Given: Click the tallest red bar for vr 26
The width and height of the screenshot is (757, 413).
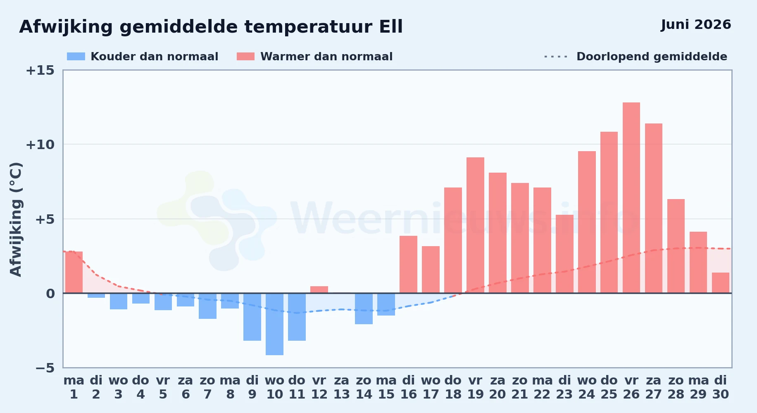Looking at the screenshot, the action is (x=631, y=198).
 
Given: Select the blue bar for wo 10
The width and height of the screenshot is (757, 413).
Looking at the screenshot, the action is (x=274, y=324).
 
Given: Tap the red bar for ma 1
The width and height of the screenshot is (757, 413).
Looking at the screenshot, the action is (x=74, y=272).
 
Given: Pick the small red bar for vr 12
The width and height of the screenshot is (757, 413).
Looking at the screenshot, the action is (x=319, y=290).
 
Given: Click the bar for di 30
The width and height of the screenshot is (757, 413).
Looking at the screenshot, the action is (x=720, y=283).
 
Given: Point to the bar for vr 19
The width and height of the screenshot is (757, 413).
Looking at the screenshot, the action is (x=475, y=225).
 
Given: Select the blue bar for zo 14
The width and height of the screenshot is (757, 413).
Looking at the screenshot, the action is (x=364, y=309).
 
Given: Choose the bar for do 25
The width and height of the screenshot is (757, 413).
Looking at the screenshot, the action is (x=609, y=212).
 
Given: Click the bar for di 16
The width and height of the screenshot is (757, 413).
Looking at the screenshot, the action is (x=408, y=264).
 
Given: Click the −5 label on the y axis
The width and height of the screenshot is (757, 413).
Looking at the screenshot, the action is (x=45, y=368).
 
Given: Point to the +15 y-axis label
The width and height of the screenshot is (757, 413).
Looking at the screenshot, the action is (x=40, y=70).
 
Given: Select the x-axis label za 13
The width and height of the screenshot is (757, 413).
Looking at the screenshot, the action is (x=341, y=387).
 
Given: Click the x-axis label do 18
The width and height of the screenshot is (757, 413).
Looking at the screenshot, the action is (x=453, y=387).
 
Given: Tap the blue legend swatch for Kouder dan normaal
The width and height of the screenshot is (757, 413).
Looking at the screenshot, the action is (x=76, y=57).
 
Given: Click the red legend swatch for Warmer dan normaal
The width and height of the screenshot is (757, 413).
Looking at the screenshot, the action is (x=245, y=57).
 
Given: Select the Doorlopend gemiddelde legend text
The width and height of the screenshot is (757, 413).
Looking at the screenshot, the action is (x=652, y=57).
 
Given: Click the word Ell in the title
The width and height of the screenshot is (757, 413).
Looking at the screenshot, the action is (x=391, y=27).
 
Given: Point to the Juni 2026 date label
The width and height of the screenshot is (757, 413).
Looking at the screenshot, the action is (x=696, y=24).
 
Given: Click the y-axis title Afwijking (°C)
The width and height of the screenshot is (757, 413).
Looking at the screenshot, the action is (x=16, y=219).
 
